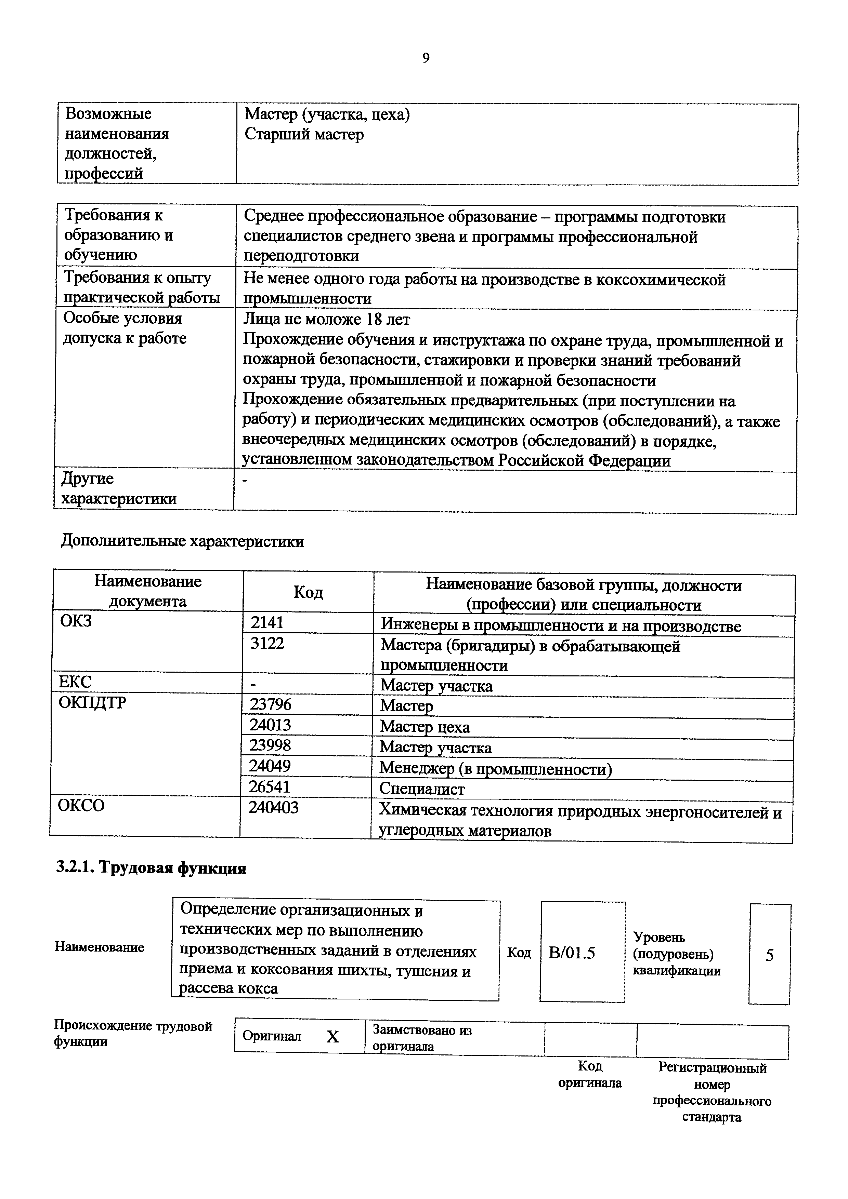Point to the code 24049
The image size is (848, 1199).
pos(270,766)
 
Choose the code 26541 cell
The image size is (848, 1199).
pos(270,787)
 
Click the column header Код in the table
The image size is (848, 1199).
pos(308,592)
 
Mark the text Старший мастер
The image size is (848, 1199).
pos(304,135)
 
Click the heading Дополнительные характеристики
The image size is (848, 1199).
pos(182,541)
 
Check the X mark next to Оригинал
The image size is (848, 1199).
pos(333,1037)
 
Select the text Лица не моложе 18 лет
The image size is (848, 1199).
pos(327,319)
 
